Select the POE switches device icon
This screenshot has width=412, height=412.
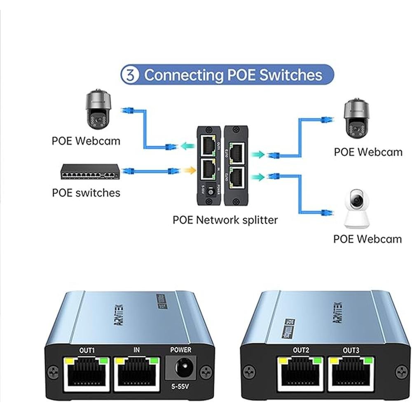90,171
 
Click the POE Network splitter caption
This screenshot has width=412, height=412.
225,220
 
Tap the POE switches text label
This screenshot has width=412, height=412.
86,192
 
